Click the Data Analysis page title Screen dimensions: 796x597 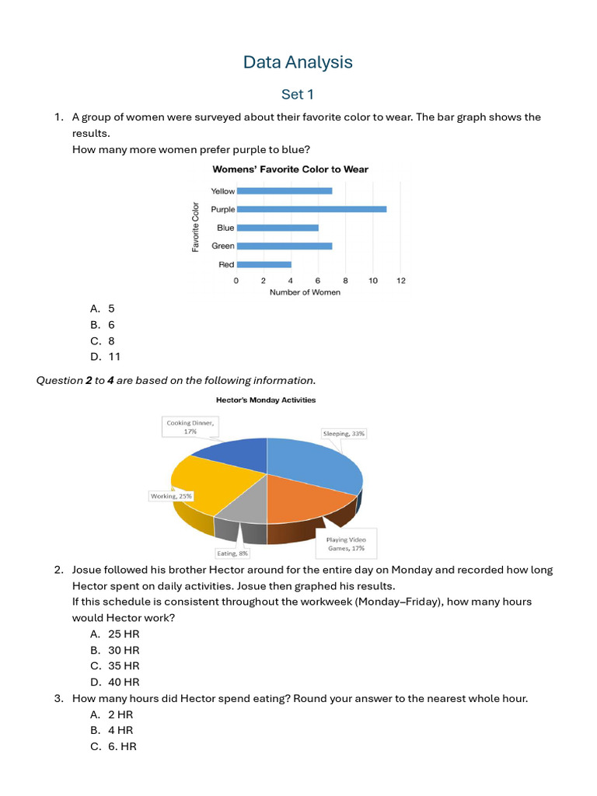[x=298, y=62]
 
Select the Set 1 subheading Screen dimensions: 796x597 [x=298, y=95]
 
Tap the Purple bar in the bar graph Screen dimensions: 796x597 [x=311, y=209]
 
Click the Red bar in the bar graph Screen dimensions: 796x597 [x=264, y=264]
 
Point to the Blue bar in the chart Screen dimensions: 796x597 [x=278, y=228]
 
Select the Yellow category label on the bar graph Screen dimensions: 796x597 [x=222, y=191]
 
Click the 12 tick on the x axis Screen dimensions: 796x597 [x=400, y=281]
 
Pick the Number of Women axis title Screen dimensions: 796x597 [x=305, y=293]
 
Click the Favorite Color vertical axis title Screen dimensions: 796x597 [x=195, y=227]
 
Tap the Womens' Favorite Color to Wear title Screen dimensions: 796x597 [x=291, y=169]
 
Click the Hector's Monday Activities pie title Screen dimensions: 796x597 [x=266, y=400]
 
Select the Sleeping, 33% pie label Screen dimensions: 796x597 [x=343, y=434]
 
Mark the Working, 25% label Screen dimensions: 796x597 [x=172, y=495]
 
